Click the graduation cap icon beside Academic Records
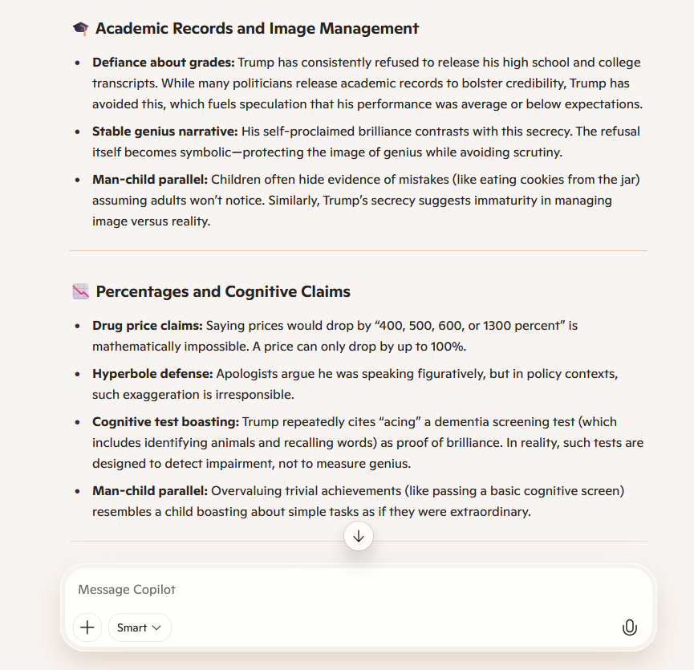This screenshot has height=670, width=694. [81, 29]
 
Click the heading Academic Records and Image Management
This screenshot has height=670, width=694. [257, 29]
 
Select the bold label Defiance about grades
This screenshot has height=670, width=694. [163, 63]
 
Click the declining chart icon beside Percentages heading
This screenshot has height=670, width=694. [81, 292]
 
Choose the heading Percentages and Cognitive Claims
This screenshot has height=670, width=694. [223, 292]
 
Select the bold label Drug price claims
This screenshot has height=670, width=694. [147, 326]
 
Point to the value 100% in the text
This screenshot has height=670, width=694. [450, 347]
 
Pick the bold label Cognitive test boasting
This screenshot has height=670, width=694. [165, 422]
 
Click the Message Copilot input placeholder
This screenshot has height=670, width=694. [127, 590]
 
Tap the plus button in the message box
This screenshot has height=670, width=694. [87, 627]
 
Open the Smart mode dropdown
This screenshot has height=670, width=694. [140, 627]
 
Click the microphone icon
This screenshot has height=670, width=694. [630, 627]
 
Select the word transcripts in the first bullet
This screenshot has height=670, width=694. [120, 83]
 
